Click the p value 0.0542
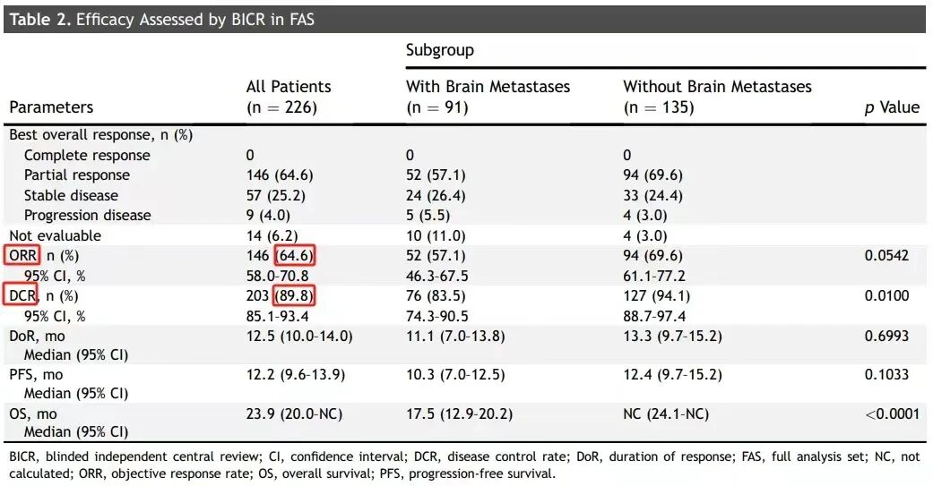(x=886, y=255)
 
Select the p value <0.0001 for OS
(x=892, y=414)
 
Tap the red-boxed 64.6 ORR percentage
(x=294, y=255)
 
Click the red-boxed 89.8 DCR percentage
(x=294, y=295)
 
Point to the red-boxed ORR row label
(x=22, y=255)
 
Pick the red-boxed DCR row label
(x=21, y=295)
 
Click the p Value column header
(x=892, y=107)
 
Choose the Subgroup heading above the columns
(x=440, y=50)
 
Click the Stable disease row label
(x=71, y=195)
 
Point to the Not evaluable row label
(x=56, y=235)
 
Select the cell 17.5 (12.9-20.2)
(x=460, y=414)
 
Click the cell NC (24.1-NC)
(x=666, y=414)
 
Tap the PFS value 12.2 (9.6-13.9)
(x=296, y=375)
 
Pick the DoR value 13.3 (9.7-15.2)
(x=672, y=337)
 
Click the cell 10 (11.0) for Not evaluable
(x=436, y=236)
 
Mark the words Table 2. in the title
(x=39, y=20)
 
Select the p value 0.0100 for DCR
(x=886, y=295)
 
